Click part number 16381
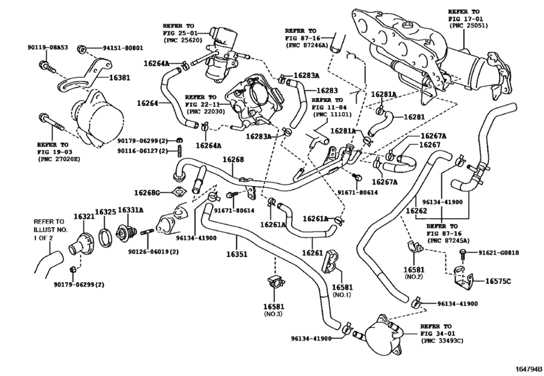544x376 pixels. point(119,77)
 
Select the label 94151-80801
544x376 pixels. point(123,48)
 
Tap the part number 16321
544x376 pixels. point(84,216)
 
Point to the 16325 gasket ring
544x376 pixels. point(105,238)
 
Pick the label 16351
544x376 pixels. point(237,254)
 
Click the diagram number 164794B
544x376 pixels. point(529,369)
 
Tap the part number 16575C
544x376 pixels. point(498,281)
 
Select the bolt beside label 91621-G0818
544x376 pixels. point(462,254)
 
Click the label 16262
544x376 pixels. point(417,210)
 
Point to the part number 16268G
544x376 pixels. point(147,192)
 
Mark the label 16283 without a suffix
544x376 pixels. point(327,91)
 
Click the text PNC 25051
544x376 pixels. point(468,26)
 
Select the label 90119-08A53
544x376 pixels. point(48,48)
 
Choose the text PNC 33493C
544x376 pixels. point(441,341)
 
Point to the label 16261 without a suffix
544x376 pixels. point(312,252)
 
